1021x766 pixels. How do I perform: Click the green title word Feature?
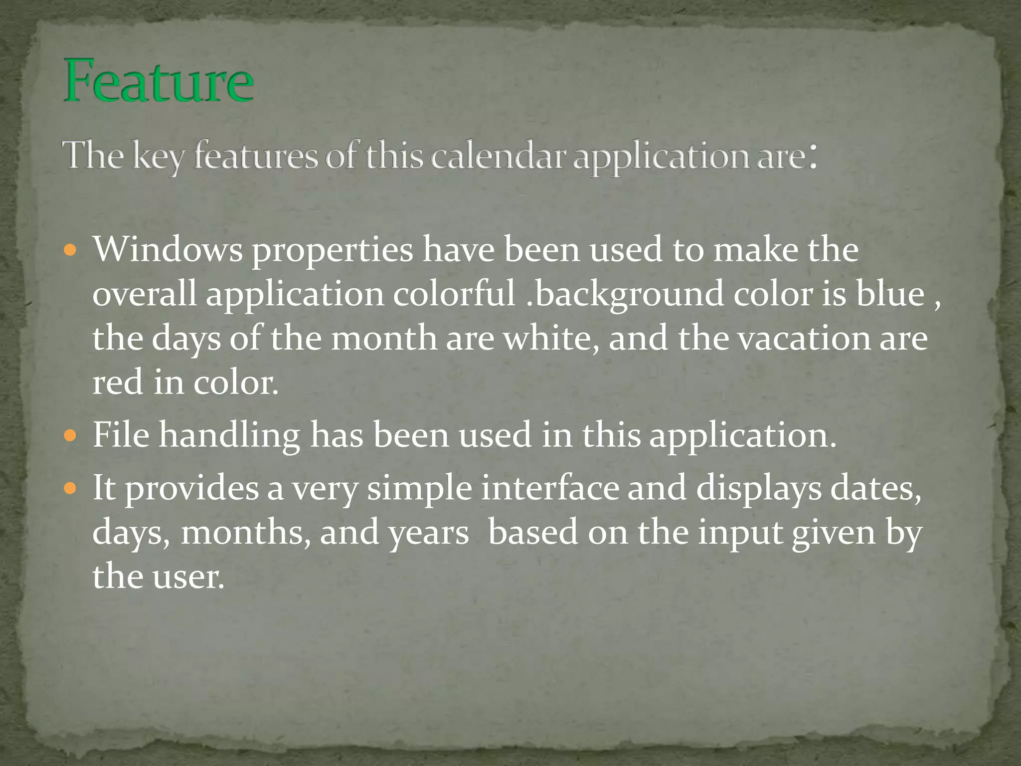click(159, 81)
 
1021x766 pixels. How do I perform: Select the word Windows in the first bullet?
click(168, 249)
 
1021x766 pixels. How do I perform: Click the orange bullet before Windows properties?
click(71, 249)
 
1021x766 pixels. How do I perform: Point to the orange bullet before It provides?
click(71, 488)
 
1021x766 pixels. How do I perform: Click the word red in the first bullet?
click(118, 383)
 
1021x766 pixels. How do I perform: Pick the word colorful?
click(454, 294)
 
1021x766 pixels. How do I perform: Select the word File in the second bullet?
click(121, 435)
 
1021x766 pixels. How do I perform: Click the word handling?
click(229, 435)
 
